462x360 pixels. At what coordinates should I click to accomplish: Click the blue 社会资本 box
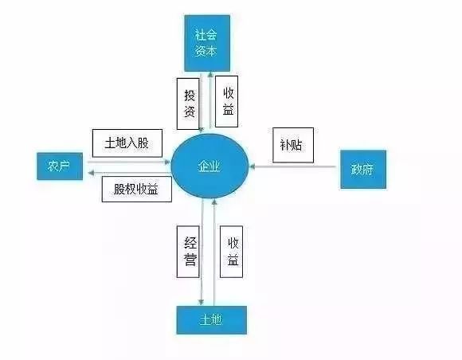pyautogui.click(x=207, y=43)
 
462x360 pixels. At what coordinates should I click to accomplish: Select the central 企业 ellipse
pyautogui.click(x=210, y=166)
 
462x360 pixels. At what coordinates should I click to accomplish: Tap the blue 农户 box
pyautogui.click(x=60, y=166)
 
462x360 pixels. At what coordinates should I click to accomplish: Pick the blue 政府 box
pyautogui.click(x=363, y=170)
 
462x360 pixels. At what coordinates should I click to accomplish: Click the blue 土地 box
pyautogui.click(x=212, y=320)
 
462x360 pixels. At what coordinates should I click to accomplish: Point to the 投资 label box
pyautogui.click(x=188, y=104)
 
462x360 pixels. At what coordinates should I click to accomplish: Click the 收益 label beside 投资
pyautogui.click(x=226, y=102)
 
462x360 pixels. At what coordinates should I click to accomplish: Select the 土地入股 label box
pyautogui.click(x=127, y=143)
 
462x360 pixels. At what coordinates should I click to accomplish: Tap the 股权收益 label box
pyautogui.click(x=137, y=189)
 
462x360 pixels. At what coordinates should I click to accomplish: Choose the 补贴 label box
pyautogui.click(x=293, y=145)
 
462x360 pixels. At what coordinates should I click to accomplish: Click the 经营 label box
pyautogui.click(x=188, y=252)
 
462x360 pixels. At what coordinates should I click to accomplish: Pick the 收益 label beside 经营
pyautogui.click(x=232, y=252)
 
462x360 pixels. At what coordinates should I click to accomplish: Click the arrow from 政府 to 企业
pyautogui.click(x=293, y=166)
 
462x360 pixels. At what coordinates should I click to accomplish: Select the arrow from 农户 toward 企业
pyautogui.click(x=129, y=162)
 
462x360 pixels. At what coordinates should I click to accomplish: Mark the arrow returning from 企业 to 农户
pyautogui.click(x=130, y=173)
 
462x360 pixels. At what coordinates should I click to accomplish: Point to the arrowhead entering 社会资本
pyautogui.click(x=210, y=75)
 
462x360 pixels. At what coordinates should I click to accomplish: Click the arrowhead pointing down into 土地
pyautogui.click(x=201, y=303)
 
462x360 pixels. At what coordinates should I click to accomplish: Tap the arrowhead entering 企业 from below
pyautogui.click(x=214, y=202)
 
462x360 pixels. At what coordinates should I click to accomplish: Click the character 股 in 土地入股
pyautogui.click(x=143, y=143)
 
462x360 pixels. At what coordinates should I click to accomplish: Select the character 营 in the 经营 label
pyautogui.click(x=190, y=260)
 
